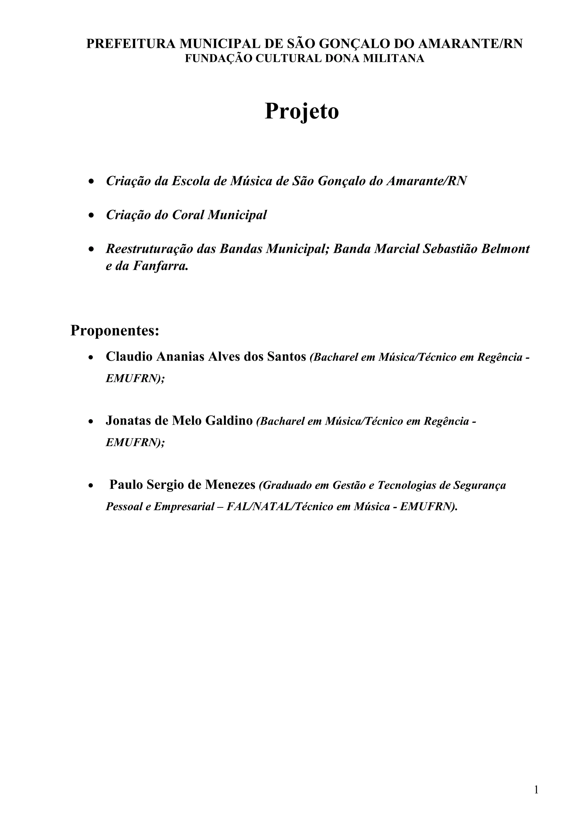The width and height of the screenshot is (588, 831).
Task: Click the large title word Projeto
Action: (301, 112)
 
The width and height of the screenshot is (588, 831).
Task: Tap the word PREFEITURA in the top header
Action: (131, 44)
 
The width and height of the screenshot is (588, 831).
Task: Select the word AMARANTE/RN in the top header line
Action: (471, 44)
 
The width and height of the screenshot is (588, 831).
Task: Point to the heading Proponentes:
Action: (115, 330)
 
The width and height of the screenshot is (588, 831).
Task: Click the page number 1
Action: (536, 790)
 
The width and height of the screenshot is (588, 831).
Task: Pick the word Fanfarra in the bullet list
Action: (160, 266)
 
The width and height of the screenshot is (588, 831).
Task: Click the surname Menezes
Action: (231, 485)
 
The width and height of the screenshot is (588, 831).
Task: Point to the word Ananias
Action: (180, 357)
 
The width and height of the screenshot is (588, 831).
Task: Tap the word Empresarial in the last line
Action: (184, 507)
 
